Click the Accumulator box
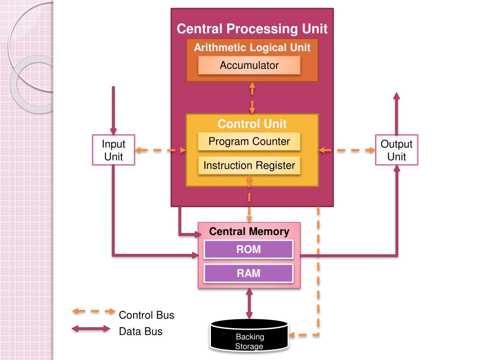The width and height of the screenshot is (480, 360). click(x=249, y=65)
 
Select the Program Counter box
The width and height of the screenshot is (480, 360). click(x=249, y=142)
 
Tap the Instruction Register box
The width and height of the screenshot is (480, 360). click(x=249, y=165)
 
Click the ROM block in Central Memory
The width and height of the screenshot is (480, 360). click(x=248, y=249)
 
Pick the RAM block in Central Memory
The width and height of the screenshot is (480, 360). click(x=248, y=273)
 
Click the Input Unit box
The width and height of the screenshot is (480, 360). click(x=113, y=150)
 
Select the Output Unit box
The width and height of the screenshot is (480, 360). click(x=397, y=150)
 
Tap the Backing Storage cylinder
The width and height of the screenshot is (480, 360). click(x=249, y=336)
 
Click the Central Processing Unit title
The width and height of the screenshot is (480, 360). click(x=252, y=29)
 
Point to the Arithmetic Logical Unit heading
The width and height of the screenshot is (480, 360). click(x=252, y=47)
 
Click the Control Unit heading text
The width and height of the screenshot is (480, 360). click(x=252, y=124)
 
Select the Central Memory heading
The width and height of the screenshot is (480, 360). click(x=249, y=232)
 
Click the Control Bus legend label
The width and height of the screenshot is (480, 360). click(x=146, y=315)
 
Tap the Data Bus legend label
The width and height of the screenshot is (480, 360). click(x=141, y=331)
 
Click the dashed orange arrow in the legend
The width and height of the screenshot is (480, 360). click(x=94, y=311)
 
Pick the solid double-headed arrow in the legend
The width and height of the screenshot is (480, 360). click(x=91, y=329)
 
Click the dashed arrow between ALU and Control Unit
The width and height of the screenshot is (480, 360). click(x=252, y=98)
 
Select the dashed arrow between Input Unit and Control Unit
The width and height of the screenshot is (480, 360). click(x=161, y=150)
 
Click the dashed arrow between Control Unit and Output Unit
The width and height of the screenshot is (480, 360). click(x=347, y=150)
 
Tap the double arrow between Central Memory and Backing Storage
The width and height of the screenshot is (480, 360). click(x=249, y=304)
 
